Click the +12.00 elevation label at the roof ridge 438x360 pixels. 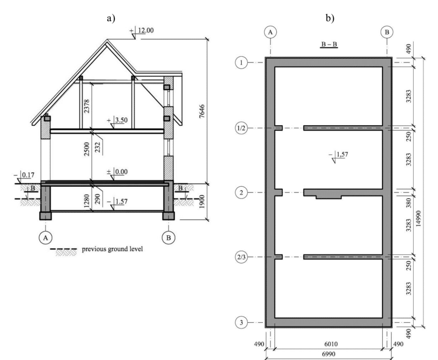[142, 30]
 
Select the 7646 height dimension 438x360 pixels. [202, 111]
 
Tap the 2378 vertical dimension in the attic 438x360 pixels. [87, 106]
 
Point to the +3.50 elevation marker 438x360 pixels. [117, 120]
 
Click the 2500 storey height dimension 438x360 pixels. [87, 149]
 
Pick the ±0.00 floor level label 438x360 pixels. [117, 172]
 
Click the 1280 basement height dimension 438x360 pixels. [87, 201]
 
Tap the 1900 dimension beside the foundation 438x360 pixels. [202, 201]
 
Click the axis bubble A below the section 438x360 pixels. [45, 238]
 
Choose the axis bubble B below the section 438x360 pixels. [169, 238]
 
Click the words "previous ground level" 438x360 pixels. [112, 249]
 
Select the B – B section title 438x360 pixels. [329, 44]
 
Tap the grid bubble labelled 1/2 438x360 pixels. [241, 128]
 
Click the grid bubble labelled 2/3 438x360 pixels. [241, 257]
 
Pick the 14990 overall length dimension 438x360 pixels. [418, 219]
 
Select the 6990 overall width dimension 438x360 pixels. [329, 354]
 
